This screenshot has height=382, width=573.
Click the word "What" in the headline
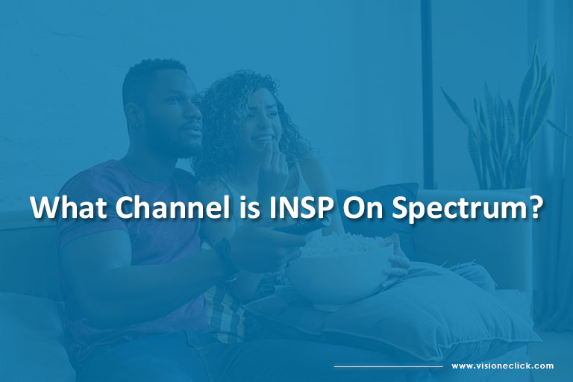click(x=69, y=207)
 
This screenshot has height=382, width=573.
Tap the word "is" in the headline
click(x=250, y=207)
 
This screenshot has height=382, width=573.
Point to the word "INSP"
click(x=301, y=207)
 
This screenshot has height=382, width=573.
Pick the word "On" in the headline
click(x=360, y=207)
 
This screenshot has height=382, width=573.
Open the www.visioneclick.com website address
click(x=502, y=366)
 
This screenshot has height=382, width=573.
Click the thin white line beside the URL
click(x=389, y=366)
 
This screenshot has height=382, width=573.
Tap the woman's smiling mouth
click(x=263, y=139)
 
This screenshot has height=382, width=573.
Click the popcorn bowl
click(x=340, y=271)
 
